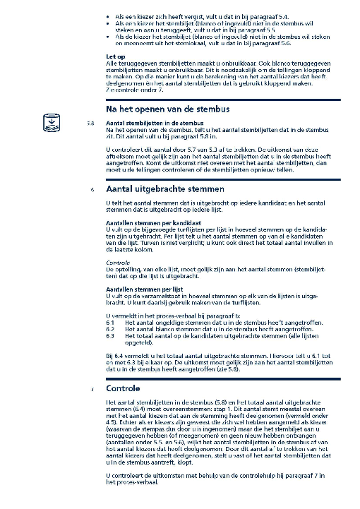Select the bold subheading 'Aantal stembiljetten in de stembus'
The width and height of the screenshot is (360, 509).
click(148, 124)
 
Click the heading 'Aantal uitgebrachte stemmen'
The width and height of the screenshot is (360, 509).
click(164, 189)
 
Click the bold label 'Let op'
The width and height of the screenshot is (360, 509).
click(115, 56)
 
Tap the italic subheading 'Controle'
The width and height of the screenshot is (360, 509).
click(118, 263)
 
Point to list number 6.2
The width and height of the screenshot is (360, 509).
click(109, 330)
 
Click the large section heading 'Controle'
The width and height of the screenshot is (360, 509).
click(124, 389)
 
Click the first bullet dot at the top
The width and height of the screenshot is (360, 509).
click(107, 15)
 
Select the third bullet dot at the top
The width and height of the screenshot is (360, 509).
click(107, 34)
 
